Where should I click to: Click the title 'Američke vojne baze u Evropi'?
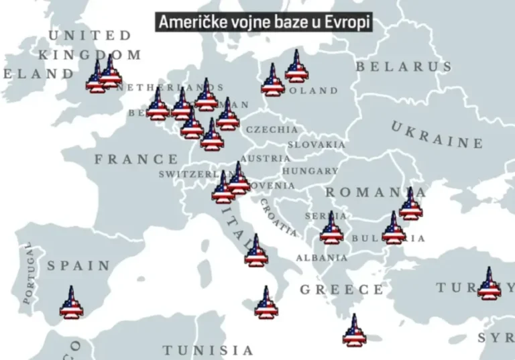click(x=264, y=22)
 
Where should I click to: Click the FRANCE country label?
click(x=136, y=160)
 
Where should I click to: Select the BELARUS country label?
click(x=404, y=66)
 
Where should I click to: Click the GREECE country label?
click(x=342, y=290)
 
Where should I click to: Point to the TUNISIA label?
click(x=209, y=350)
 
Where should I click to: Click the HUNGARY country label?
click(x=310, y=171)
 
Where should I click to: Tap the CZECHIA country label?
click(x=272, y=129)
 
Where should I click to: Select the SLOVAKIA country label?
click(x=317, y=144)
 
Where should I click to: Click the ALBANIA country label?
click(x=322, y=257)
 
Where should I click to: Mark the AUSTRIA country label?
click(x=266, y=158)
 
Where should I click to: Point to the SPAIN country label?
click(x=78, y=265)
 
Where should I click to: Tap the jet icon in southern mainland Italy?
click(x=255, y=251)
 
